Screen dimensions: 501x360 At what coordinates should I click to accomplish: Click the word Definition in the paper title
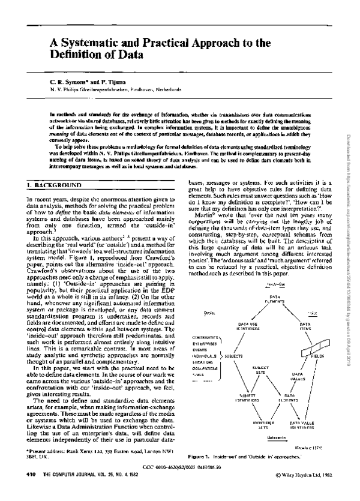[x=77, y=56]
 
